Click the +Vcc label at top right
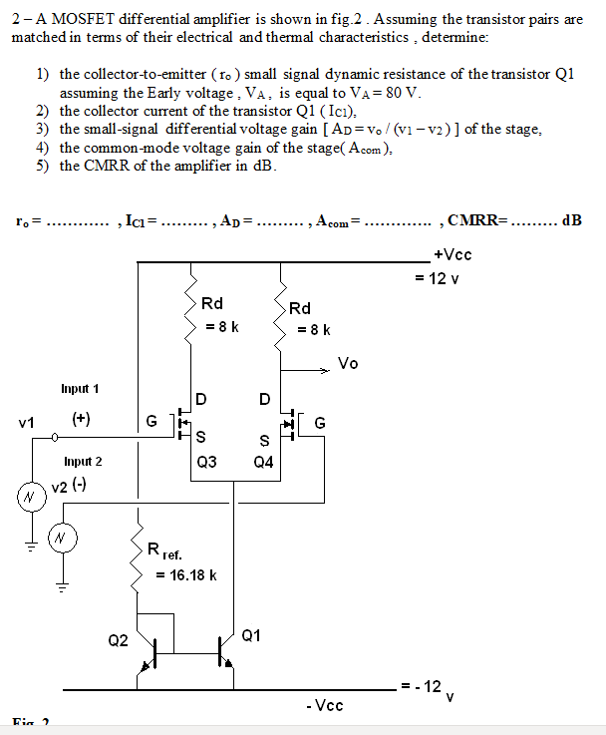[x=454, y=254]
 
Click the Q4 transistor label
[x=264, y=462]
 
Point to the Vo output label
[x=348, y=363]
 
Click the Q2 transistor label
[x=118, y=640]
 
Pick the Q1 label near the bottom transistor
[x=251, y=635]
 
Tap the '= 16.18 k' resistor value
[x=187, y=574]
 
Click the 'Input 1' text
[x=80, y=388]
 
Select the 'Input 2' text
[x=83, y=461]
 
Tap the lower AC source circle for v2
[x=62, y=538]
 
